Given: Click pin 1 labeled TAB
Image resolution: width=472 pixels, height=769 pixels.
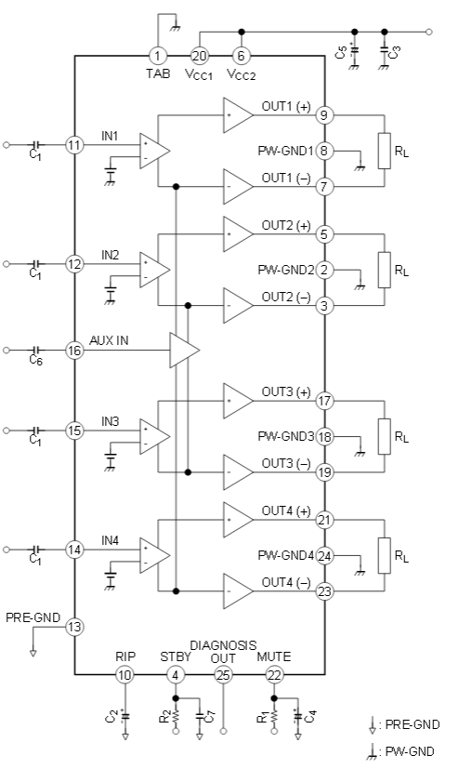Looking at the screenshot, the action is pyautogui.click(x=157, y=56).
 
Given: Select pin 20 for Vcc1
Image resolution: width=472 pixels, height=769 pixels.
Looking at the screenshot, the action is pyautogui.click(x=199, y=56).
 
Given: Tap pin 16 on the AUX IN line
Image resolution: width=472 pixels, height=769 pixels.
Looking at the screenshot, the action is pyautogui.click(x=74, y=351).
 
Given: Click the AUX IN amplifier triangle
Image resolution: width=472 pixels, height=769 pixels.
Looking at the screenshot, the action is pyautogui.click(x=184, y=351).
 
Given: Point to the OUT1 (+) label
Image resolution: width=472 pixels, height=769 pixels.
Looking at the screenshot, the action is pyautogui.click(x=286, y=106).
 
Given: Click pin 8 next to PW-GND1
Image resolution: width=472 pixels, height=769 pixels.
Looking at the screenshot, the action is pyautogui.click(x=324, y=151).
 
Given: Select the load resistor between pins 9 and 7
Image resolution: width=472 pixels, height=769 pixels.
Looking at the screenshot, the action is pyautogui.click(x=385, y=151).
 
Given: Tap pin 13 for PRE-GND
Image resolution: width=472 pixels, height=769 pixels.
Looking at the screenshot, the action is pyautogui.click(x=74, y=627).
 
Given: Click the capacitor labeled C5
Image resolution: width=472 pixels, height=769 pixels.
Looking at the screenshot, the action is pyautogui.click(x=354, y=50).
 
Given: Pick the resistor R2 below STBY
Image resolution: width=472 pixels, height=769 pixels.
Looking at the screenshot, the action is pyautogui.click(x=176, y=717).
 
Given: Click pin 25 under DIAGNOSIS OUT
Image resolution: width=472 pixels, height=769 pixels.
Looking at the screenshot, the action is pyautogui.click(x=223, y=675).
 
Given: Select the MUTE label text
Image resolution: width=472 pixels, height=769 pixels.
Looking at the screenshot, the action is pyautogui.click(x=274, y=656).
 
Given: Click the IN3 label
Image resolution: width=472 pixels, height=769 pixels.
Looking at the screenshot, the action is pyautogui.click(x=111, y=422).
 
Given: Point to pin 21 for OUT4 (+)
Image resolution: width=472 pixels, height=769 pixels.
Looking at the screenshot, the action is pyautogui.click(x=324, y=520).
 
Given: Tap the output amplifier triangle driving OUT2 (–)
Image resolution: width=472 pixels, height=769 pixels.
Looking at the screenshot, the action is pyautogui.click(x=238, y=306).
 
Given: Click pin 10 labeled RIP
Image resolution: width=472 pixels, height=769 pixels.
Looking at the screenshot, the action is pyautogui.click(x=125, y=675).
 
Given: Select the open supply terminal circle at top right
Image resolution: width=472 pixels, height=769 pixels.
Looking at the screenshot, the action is pyautogui.click(x=429, y=32).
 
